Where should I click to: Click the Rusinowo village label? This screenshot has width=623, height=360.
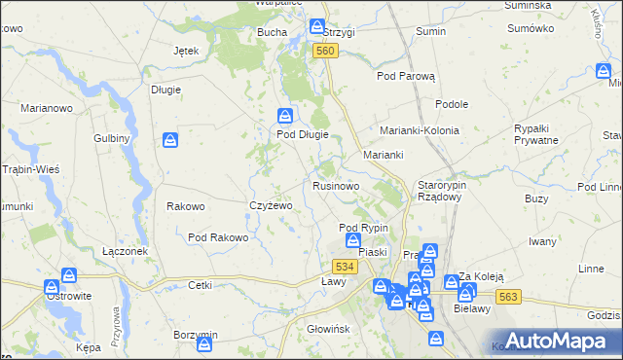[x=337, y=185]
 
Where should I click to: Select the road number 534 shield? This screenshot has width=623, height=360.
[x=343, y=267]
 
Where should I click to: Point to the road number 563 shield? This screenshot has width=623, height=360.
[x=505, y=295]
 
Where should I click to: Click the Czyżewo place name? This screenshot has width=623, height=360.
[x=271, y=205]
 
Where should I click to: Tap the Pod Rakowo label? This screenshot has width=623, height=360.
[x=218, y=236]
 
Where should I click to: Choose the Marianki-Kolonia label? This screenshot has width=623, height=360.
[x=419, y=129]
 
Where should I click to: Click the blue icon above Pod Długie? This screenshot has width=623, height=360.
[x=284, y=115]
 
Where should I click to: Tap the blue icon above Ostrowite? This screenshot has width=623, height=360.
[x=52, y=288]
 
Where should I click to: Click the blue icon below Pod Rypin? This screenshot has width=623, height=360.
[x=352, y=240]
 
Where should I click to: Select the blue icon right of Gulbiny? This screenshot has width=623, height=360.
[x=170, y=140]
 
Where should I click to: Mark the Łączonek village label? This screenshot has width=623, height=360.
[x=125, y=250]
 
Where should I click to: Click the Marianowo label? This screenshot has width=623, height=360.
[x=47, y=109]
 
